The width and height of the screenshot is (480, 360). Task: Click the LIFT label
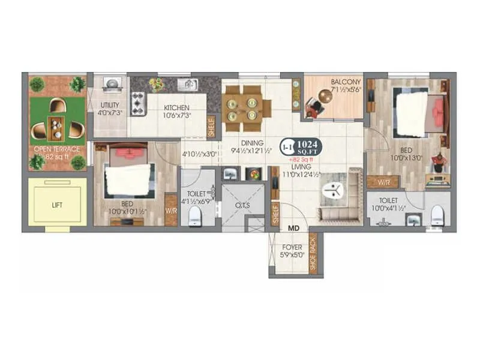56,205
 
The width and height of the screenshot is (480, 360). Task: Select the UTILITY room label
110,105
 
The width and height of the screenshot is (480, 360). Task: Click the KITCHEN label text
176,109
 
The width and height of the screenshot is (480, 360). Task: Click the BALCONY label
345,82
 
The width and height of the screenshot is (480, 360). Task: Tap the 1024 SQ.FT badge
306,148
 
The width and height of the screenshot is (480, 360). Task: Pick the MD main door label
293,229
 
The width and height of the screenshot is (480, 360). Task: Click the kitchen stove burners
137,103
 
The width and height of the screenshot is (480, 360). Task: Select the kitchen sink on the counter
186,85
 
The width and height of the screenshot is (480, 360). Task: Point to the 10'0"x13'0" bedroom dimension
407,158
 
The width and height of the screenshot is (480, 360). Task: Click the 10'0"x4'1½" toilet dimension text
385,208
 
